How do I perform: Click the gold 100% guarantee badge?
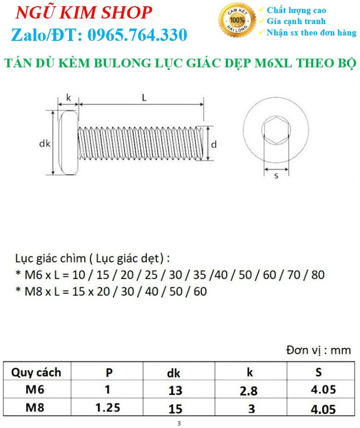pyautogui.click(x=237, y=20)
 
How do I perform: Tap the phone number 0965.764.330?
pyautogui.click(x=137, y=35)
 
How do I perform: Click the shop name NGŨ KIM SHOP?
pyautogui.click(x=84, y=13)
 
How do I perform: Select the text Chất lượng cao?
pyautogui.click(x=296, y=11)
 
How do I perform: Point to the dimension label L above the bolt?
pyautogui.click(x=144, y=98)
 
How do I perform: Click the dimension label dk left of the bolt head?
pyautogui.click(x=45, y=143)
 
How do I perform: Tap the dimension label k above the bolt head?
pyautogui.click(x=69, y=97)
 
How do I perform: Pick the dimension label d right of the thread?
pyautogui.click(x=214, y=144)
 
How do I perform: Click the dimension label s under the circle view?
pyautogui.click(x=276, y=175)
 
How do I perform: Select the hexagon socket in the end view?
pyautogui.click(x=276, y=130)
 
